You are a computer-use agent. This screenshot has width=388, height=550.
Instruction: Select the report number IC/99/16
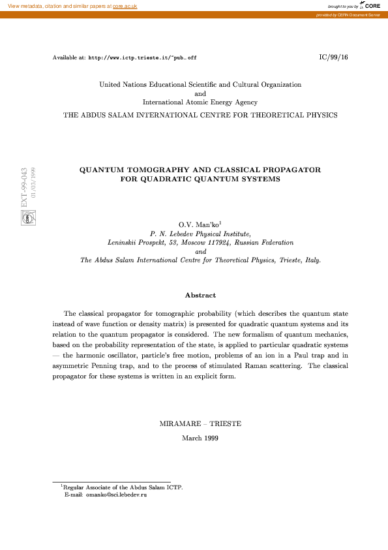333,57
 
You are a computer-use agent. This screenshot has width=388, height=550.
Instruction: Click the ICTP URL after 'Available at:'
142,57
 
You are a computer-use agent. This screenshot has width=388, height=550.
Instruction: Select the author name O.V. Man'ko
200,224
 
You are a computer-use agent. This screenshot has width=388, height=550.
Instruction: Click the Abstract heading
200,296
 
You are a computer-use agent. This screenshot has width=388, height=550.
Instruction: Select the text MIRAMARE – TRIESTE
200,423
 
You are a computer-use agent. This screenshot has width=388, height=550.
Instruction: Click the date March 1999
200,438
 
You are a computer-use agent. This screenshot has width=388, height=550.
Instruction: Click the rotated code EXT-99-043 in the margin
25,187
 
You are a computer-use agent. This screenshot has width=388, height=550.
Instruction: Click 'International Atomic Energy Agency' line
200,102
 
